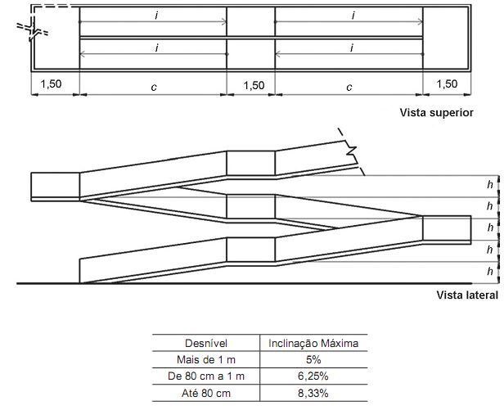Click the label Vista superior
point(437,113)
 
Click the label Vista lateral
point(467,295)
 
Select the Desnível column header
point(206,343)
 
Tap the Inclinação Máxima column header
point(313,343)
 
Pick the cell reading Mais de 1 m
point(206,359)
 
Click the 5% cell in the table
point(313,359)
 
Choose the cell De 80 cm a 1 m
point(206,376)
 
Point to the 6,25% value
point(313,376)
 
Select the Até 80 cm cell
point(206,393)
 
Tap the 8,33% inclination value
point(313,393)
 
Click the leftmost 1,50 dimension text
point(51,84)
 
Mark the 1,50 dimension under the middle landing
point(254,85)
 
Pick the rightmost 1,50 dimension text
point(447,84)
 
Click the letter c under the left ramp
point(154,88)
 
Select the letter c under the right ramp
point(349,88)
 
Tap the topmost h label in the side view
point(490,185)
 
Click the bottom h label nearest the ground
point(490,271)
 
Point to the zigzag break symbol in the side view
point(351,152)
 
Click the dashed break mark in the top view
point(33,29)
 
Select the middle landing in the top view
point(251,38)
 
